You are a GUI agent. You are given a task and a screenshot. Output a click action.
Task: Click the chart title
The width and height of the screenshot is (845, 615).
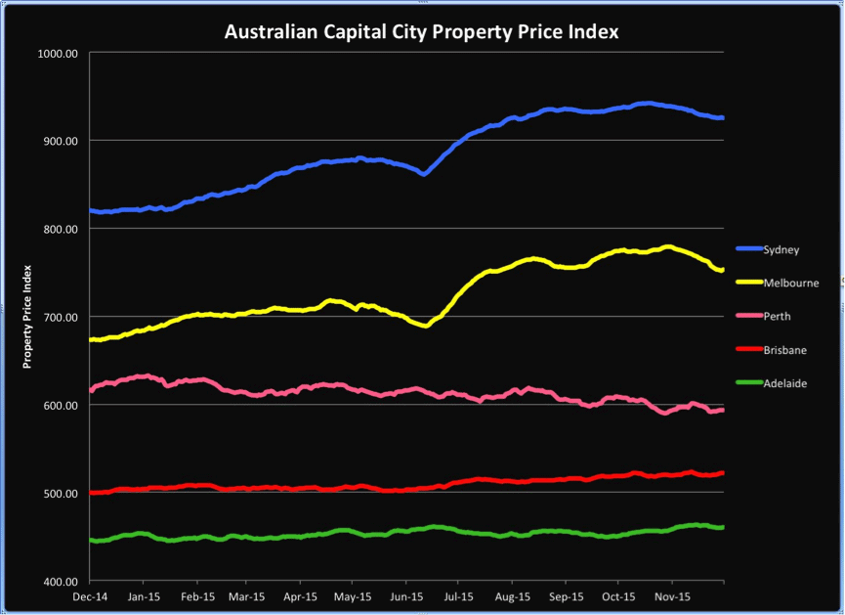pos(422,31)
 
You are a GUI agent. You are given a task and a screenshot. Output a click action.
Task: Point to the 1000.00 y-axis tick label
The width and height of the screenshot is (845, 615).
pos(56,53)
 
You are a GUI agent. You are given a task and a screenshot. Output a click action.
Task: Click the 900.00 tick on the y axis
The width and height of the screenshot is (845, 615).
pos(59,141)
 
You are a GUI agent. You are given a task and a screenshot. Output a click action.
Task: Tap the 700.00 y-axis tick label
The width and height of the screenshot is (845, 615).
pos(59,317)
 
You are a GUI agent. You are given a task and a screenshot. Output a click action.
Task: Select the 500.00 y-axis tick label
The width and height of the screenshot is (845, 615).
pos(59,493)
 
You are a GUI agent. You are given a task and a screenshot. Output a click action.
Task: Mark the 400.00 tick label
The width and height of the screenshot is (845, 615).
pos(59,581)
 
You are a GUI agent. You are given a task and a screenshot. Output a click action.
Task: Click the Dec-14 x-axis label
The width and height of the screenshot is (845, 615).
pos(90,594)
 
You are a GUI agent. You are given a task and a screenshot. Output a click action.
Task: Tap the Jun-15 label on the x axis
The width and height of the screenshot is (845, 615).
pos(406,594)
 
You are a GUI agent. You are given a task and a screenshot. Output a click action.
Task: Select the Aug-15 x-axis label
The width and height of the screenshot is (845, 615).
pos(513,594)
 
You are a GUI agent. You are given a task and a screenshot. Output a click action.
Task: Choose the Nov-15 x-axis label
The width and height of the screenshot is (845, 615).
pos(671,594)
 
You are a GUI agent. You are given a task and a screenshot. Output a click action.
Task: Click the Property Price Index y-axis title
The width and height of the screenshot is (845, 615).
pos(28,316)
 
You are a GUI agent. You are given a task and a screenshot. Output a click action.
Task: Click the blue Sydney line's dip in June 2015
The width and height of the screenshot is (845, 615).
pos(423,173)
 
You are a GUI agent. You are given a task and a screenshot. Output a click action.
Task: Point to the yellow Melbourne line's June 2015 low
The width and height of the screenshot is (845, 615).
pos(425,326)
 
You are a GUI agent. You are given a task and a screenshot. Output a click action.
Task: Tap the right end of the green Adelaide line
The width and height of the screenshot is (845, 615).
pos(722,527)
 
